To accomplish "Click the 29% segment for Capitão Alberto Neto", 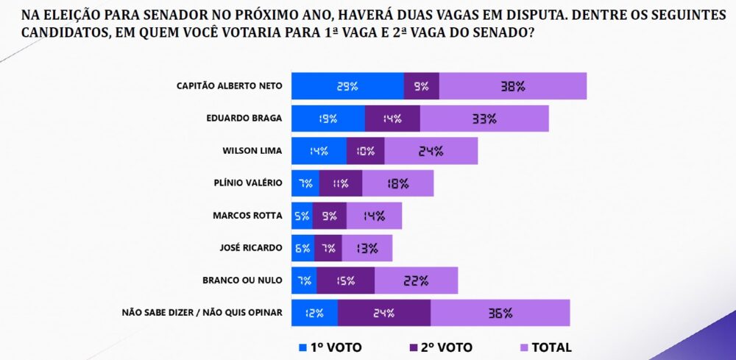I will [347, 86].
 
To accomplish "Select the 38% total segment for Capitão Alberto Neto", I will [512, 86].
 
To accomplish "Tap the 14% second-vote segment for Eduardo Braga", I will [392, 119].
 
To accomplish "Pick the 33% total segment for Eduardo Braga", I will [484, 119].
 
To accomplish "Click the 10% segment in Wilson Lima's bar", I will [365, 151].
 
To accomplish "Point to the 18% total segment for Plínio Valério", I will [397, 183].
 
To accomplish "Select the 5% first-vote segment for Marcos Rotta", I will [302, 216].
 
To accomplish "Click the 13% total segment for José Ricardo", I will [367, 248].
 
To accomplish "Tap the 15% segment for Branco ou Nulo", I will [347, 280].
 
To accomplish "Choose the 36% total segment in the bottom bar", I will [500, 313].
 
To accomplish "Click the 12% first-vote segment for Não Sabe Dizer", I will [315, 313].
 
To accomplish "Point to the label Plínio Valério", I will [248, 183].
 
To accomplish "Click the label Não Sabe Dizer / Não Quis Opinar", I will [201, 313].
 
